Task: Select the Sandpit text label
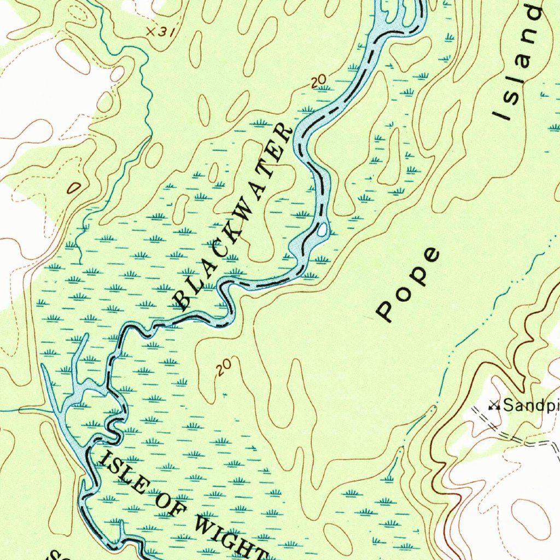click(x=530, y=405)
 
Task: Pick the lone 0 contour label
click(x=73, y=189)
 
